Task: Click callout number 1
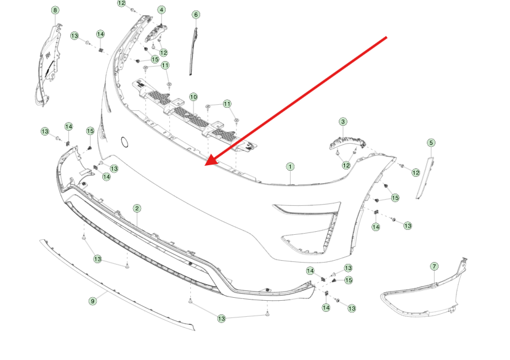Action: (290, 166)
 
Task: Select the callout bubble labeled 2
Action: (137, 208)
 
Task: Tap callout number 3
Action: (343, 121)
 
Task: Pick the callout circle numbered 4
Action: (161, 10)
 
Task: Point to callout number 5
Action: (431, 142)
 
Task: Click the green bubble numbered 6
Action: (196, 15)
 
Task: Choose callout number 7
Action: (434, 266)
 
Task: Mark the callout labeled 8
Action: (55, 10)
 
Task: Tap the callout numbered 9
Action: (92, 301)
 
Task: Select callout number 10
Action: (193, 97)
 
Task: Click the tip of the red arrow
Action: (205, 165)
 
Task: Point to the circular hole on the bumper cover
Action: (124, 142)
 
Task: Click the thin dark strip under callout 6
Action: (193, 51)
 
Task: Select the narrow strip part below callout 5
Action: (425, 178)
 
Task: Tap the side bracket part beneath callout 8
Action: (48, 65)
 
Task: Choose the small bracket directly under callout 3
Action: (347, 142)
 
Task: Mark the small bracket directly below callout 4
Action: (155, 33)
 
